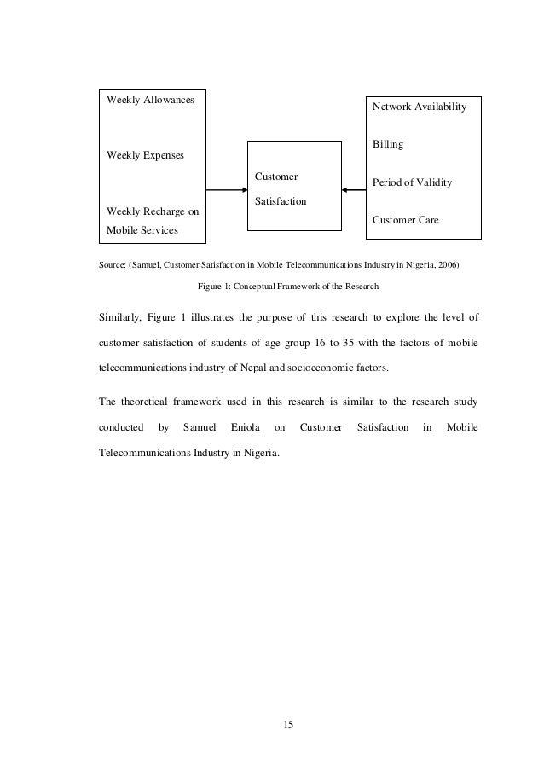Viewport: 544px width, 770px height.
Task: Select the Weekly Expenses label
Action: [x=145, y=155]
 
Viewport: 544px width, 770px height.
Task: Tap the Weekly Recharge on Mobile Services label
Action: [x=148, y=220]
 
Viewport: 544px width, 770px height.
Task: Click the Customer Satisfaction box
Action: [x=293, y=188]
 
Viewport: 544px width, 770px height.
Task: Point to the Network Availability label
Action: [x=417, y=107]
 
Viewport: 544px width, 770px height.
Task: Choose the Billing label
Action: [x=388, y=145]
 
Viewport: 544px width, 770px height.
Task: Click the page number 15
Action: [x=288, y=725]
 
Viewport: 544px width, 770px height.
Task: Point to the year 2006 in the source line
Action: [x=447, y=265]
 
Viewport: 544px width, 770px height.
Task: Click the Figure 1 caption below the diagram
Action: [x=287, y=286]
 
